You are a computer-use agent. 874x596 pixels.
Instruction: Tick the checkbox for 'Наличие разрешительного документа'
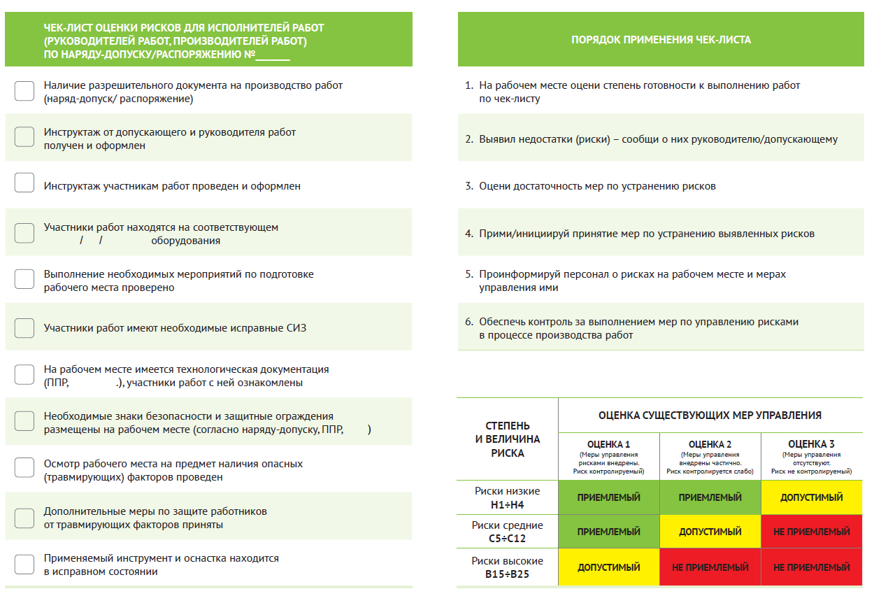point(24,91)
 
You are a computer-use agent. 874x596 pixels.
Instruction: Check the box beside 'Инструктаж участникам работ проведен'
point(24,183)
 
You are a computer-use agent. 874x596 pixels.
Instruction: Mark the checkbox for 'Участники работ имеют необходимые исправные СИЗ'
point(24,327)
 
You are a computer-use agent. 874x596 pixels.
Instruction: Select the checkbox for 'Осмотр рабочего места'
point(24,468)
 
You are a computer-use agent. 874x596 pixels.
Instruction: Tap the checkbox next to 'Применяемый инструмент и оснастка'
point(24,565)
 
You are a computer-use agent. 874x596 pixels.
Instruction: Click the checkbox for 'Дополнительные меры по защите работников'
point(24,518)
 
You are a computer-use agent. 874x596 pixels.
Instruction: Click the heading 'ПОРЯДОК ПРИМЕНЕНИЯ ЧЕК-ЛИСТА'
point(661,40)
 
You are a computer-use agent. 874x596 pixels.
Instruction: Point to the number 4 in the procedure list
point(469,234)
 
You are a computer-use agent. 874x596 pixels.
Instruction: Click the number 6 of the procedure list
point(469,322)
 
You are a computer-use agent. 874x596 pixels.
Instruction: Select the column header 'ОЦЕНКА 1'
point(608,444)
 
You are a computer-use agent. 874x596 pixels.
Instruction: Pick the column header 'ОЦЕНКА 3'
point(811,444)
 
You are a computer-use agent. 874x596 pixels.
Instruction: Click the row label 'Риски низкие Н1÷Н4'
point(508,497)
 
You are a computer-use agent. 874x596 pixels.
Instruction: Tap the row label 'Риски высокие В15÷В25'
point(508,567)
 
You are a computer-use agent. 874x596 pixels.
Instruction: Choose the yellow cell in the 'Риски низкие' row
point(811,497)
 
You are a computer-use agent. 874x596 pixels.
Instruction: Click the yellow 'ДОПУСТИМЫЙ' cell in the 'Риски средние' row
point(710,532)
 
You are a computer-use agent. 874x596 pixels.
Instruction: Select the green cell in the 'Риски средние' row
point(608,532)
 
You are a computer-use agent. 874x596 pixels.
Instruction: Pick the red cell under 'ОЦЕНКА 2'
point(710,567)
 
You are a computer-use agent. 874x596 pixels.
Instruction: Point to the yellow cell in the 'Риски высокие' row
point(608,567)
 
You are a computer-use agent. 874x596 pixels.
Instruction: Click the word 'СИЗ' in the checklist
point(295,328)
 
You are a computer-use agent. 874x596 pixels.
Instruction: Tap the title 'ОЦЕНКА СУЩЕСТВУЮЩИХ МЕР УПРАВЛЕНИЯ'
point(710,416)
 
